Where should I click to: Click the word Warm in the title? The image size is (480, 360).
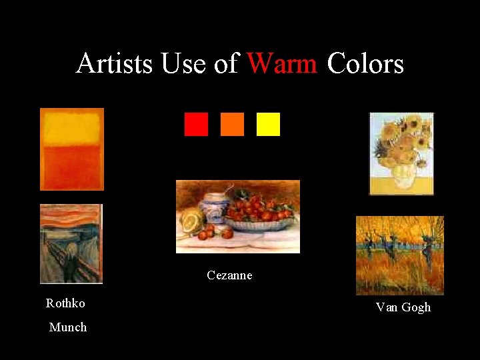point(282,64)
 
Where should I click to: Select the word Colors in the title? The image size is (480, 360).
point(365,64)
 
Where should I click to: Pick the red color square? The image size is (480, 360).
point(196,124)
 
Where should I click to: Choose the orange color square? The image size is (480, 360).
point(232,124)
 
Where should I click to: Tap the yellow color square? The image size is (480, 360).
point(268,124)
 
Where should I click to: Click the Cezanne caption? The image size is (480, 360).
point(229,275)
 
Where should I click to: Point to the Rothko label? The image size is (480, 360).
point(65,303)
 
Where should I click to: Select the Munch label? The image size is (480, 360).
point(68,327)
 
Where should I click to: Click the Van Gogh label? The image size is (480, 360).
point(403,307)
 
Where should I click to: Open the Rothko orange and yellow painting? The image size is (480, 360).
point(72,149)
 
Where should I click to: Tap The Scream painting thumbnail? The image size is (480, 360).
point(71,243)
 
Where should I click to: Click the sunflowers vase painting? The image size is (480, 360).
point(401,153)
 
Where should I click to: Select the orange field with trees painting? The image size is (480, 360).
point(400,255)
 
